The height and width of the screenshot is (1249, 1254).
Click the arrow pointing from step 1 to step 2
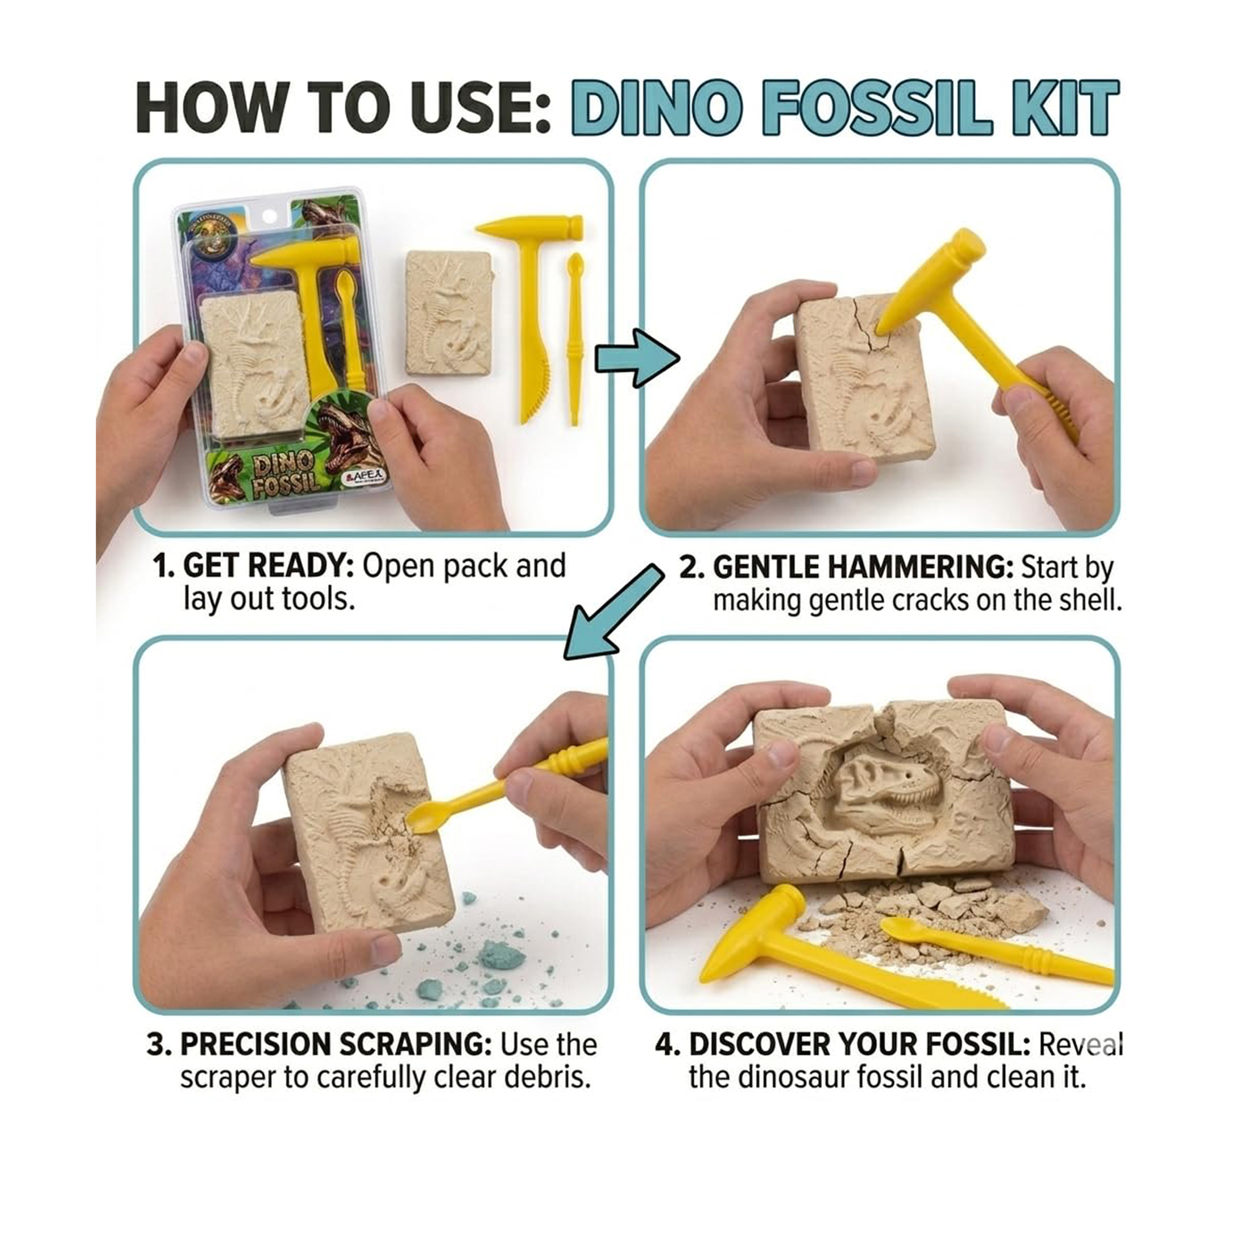pos(637,358)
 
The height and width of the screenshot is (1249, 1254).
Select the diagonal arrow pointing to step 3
pos(613,610)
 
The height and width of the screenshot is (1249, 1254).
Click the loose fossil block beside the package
pos(449,314)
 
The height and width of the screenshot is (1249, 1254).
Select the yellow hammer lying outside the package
pos(529,318)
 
